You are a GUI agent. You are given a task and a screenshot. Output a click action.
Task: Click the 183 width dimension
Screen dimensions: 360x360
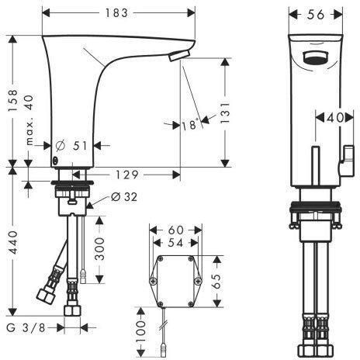tap(116, 13)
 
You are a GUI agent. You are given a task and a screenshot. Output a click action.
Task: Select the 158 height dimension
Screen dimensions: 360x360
tap(12, 101)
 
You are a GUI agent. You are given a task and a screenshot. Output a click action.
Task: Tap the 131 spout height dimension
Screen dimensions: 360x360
tap(225, 112)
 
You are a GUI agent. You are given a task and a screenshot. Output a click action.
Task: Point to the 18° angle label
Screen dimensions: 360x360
tap(191, 125)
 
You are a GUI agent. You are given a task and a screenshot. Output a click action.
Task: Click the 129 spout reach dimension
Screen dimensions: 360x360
tap(126, 175)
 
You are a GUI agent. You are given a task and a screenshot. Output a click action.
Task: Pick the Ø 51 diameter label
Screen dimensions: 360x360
tap(71, 146)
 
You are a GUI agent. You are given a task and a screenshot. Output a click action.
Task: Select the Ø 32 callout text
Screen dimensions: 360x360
tap(124, 197)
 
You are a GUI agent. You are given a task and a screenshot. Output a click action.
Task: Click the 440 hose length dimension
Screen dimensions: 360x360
tap(12, 242)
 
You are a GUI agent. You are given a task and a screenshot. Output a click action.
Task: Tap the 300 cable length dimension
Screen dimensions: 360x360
tap(99, 249)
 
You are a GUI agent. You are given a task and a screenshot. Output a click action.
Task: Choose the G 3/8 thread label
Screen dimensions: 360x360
tap(26, 328)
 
